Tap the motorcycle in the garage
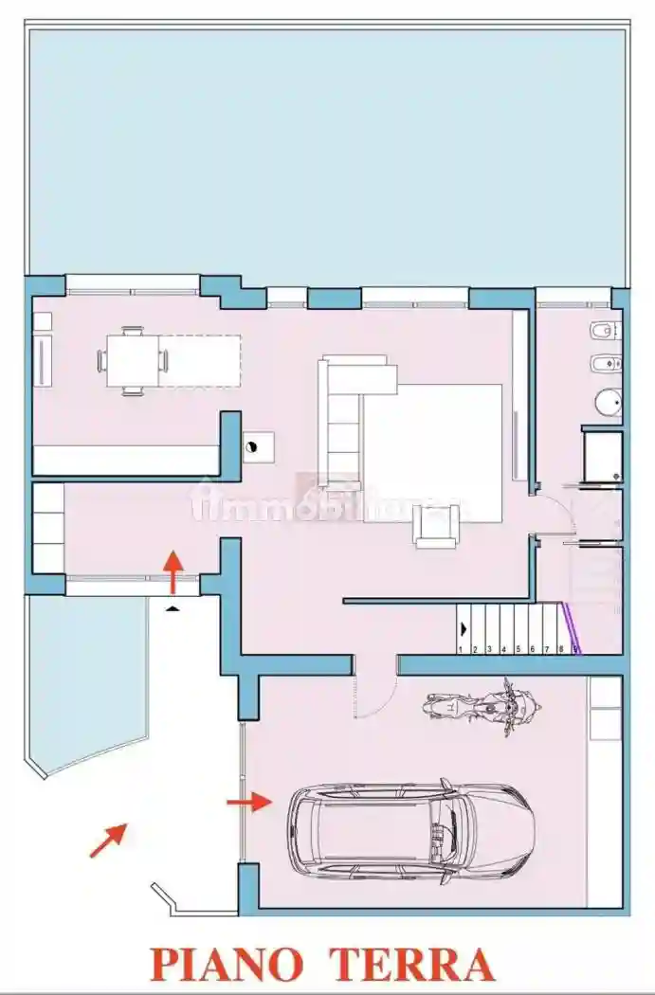click(482, 707)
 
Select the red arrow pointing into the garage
click(248, 803)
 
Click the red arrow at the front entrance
click(173, 570)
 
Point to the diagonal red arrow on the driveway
click(108, 841)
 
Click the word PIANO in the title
click(227, 964)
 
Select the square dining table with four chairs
click(133, 361)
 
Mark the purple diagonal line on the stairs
click(571, 628)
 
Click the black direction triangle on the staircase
click(464, 627)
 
